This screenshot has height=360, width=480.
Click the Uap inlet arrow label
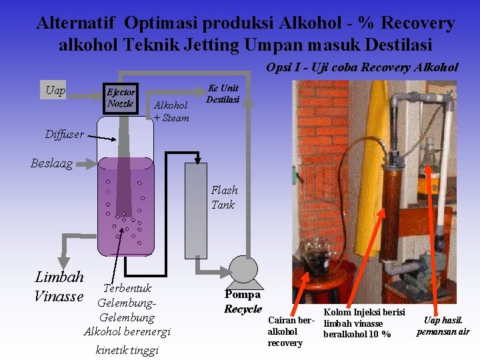click(x=56, y=91)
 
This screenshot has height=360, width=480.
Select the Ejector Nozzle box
click(x=121, y=98)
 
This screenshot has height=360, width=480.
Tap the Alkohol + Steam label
click(x=171, y=111)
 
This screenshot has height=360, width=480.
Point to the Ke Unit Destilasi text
click(x=223, y=94)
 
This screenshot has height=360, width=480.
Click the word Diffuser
click(x=65, y=135)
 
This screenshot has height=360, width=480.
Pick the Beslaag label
click(x=52, y=163)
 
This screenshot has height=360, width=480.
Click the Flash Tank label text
click(x=224, y=197)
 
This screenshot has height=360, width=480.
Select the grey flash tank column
click(x=196, y=209)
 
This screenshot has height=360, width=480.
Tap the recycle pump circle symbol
click(x=243, y=270)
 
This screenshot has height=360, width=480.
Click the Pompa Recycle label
click(x=243, y=301)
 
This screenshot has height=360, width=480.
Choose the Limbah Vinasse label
click(x=59, y=286)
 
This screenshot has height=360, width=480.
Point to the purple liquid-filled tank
click(x=126, y=207)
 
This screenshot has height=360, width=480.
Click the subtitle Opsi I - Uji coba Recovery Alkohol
click(x=362, y=67)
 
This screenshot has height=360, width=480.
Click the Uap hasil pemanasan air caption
click(x=443, y=326)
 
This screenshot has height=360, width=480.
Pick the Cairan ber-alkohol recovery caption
click(x=290, y=331)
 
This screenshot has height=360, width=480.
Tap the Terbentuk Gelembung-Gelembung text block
click(x=127, y=310)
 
